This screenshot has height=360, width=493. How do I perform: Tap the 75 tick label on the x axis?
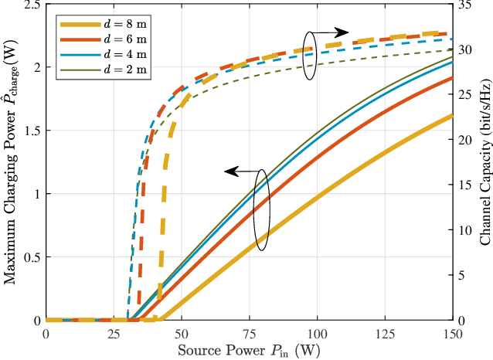pos(249,333)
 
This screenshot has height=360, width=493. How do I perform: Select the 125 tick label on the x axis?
pos(385,333)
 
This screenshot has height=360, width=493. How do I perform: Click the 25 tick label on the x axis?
pos(114,333)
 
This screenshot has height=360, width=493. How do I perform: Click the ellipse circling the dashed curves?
pos(310,56)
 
